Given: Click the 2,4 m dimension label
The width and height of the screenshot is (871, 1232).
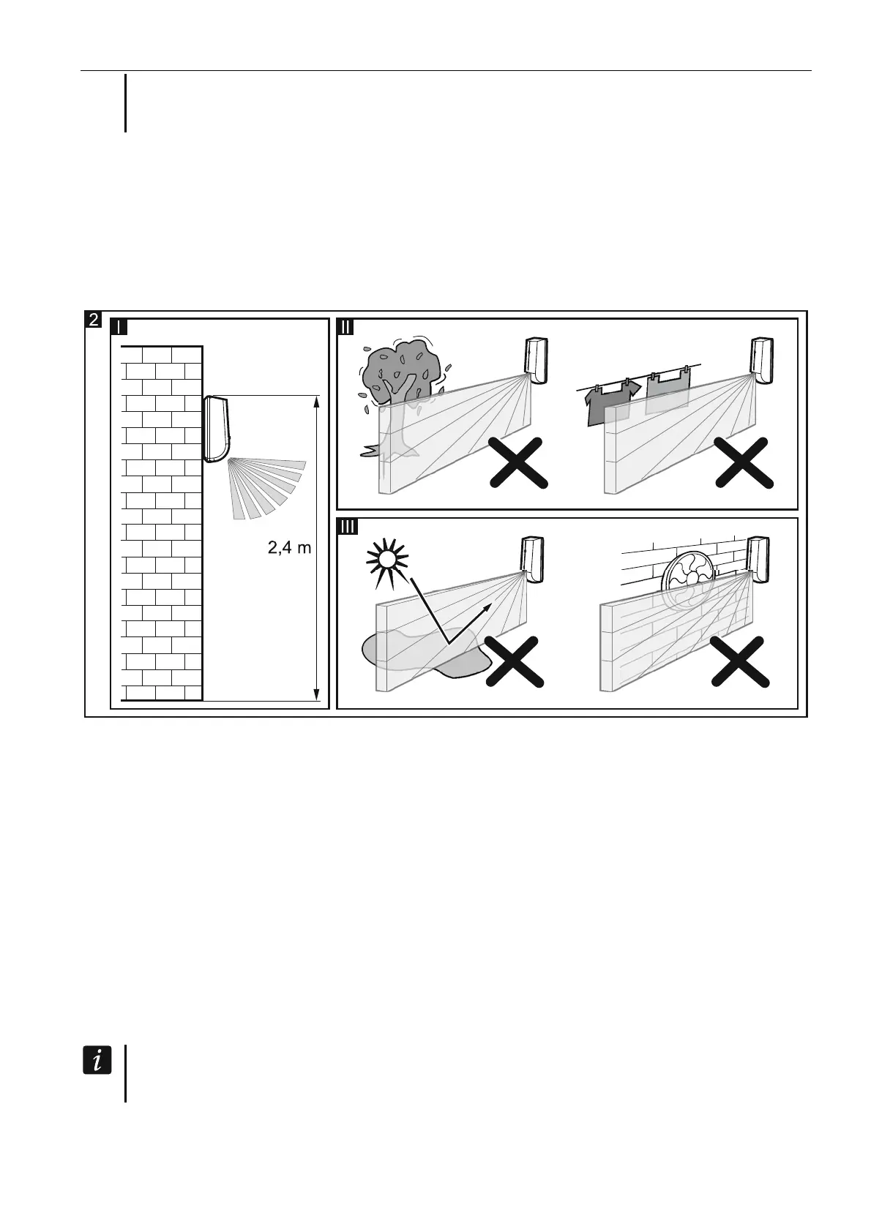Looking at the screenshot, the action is pos(289,546).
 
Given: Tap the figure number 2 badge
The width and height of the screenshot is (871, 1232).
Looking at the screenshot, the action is pos(94,319).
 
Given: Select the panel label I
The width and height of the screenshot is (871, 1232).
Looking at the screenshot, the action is pos(119,326).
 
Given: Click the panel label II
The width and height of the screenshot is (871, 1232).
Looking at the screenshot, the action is pos(345,326).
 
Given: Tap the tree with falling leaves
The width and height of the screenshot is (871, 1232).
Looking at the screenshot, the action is pos(400,380).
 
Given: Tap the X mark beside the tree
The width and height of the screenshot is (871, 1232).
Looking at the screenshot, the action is pos(518,462).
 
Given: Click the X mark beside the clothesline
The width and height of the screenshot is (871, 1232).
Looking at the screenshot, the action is pos(743,462).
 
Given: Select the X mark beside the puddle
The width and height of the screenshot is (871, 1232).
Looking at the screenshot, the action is pos(516,661).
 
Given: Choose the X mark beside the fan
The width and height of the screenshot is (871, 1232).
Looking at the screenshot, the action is pos(741,661).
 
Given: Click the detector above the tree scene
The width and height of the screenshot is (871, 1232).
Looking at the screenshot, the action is pos(535,360).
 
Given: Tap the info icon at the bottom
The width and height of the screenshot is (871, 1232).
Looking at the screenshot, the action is pos(97,1059).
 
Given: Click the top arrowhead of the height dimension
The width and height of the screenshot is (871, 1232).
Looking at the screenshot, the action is pos(316,401).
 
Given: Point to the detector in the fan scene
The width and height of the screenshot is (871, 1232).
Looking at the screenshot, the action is pos(758,560).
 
